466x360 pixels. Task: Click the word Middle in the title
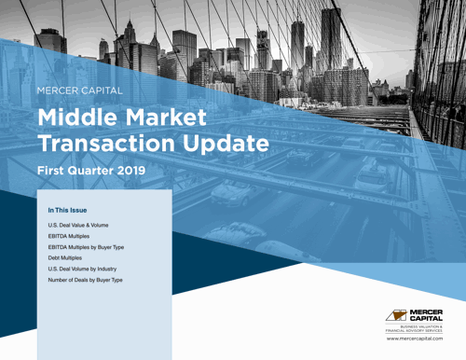point(76,118)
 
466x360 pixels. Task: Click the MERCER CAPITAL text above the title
point(78,91)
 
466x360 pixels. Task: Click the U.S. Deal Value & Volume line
point(79,226)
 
